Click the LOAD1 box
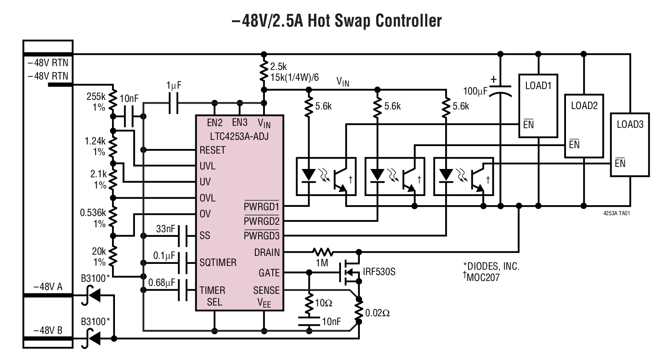point(538,106)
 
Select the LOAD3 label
point(630,124)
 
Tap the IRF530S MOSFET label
point(379,272)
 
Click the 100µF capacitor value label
point(475,91)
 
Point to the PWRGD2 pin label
point(262,221)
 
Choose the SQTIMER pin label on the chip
point(218,263)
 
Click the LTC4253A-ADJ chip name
point(239,136)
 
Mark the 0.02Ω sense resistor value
point(377,313)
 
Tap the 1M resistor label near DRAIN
point(322,263)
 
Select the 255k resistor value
point(96,97)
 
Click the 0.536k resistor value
point(93,213)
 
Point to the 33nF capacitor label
point(165,229)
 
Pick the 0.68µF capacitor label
point(162,283)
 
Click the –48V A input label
point(48,287)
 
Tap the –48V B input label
point(48,331)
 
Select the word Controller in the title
point(400,20)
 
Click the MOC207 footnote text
point(483,277)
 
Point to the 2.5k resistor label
point(278,67)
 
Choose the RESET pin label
point(212,150)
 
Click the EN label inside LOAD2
point(574,144)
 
